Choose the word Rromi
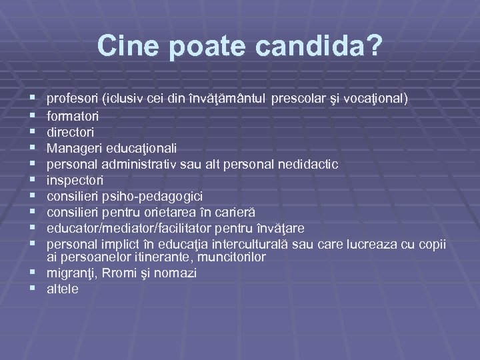tap(113, 273)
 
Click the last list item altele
tap(63, 289)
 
